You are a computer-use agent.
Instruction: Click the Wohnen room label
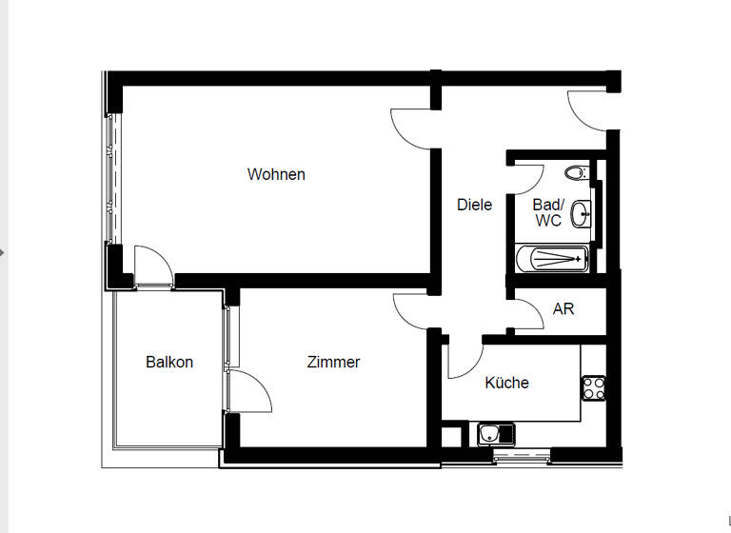(x=276, y=174)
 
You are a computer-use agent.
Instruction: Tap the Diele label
(x=474, y=205)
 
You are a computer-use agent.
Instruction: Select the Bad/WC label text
(x=548, y=212)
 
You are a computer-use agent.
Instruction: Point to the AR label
(x=563, y=309)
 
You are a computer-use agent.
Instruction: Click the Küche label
(x=506, y=383)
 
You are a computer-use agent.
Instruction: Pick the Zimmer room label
(x=333, y=363)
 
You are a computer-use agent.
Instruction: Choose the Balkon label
(x=169, y=363)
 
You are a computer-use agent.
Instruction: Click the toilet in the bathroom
(x=575, y=173)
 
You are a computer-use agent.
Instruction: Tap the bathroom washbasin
(x=582, y=215)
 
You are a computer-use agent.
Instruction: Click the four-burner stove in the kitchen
(x=595, y=387)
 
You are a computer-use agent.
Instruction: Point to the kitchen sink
(x=495, y=435)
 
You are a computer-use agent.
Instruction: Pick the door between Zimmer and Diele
(x=415, y=311)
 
